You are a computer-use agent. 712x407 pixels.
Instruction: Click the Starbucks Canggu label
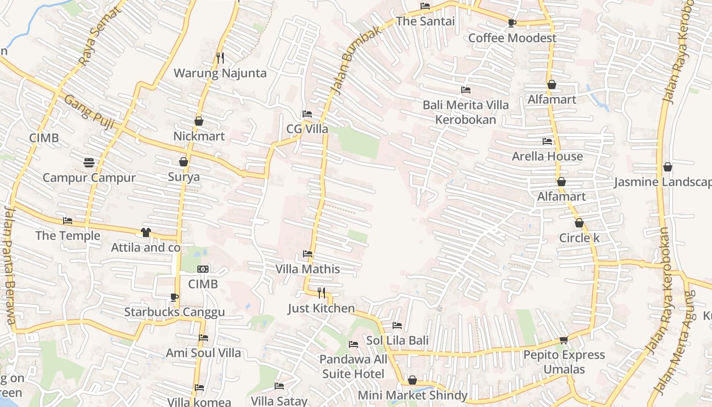pos(174,312)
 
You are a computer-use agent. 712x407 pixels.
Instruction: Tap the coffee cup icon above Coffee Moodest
pos(512,23)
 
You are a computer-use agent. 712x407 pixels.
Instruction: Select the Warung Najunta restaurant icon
pos(220,58)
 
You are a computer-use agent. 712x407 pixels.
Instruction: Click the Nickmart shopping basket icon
pos(199,121)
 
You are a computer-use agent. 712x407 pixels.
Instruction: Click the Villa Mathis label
pos(307,269)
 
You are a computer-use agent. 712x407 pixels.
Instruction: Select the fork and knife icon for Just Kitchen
pos(321,293)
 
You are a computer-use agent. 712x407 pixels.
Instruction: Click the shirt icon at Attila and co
pos(146,232)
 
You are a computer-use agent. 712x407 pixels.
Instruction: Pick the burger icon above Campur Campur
pos(89,163)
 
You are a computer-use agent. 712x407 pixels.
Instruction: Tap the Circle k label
pos(579,238)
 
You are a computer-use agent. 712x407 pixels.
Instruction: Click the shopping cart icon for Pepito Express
pos(563,340)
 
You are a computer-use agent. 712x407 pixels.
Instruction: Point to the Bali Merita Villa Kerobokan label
pos(465,112)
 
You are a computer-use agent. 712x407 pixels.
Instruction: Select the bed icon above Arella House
pos(547,141)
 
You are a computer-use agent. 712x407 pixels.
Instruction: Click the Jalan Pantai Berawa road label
pos(10,265)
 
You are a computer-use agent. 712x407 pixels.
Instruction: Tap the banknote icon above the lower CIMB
pos(203,269)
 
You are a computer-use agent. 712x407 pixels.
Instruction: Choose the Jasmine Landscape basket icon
pos(668,167)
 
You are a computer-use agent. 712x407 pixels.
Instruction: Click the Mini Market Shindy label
pos(412,395)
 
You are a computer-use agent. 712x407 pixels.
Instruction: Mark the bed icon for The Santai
pos(425,6)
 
